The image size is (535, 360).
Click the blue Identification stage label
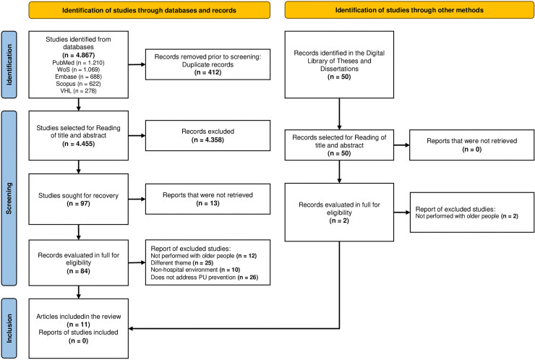pos(9,64)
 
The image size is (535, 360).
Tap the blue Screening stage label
pos(9,198)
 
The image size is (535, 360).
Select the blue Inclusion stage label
pos(9,328)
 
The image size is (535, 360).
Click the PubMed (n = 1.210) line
pos(79,63)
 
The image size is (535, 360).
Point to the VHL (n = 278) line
pos(79,91)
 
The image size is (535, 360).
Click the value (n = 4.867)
pos(79,55)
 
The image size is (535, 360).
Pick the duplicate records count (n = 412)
pos(207,72)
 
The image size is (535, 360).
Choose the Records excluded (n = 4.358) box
pos(207,135)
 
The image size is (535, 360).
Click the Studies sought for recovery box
pos(79,199)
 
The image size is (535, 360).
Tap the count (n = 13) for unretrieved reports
pos(207,203)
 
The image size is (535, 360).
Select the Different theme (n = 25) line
pos(182,262)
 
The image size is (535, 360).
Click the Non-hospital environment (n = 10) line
pos(195,270)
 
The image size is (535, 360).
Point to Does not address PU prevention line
pos(205,277)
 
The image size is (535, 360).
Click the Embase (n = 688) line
pos(79,77)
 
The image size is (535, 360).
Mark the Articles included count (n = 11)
pos(79,324)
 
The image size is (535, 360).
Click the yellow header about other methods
pos(409,10)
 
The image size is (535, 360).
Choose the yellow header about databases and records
pos(149,10)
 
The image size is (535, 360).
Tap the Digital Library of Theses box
pos(339,64)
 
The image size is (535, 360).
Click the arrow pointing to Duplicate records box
pos(137,64)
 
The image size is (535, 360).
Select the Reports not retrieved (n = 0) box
pos(472,145)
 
